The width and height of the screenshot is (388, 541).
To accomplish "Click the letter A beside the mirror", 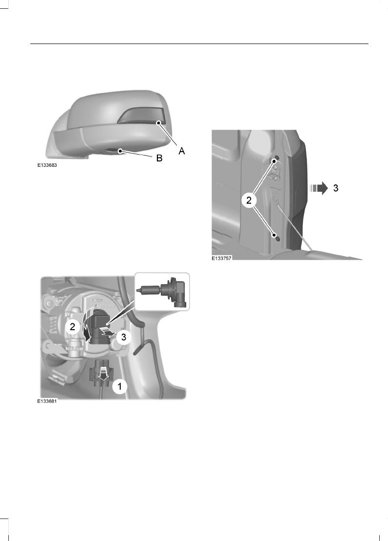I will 181,151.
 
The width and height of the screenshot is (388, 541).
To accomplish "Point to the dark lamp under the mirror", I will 113,151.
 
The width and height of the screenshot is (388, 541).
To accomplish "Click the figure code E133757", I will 221,259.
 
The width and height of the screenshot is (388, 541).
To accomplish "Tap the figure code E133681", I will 47,400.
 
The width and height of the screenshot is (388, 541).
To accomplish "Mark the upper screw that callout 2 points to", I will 276,159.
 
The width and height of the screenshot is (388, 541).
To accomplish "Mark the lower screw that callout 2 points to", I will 276,237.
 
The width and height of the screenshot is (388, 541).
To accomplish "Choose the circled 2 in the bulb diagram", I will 72,327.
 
